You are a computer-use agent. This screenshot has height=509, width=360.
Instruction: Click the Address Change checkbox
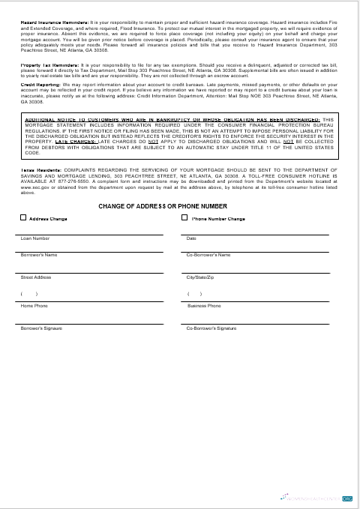(23, 218)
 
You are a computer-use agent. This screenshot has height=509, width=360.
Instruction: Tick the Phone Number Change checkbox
(184, 218)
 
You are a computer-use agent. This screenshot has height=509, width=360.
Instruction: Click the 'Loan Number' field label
(34, 238)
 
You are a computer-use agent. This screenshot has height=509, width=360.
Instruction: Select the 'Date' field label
(190, 238)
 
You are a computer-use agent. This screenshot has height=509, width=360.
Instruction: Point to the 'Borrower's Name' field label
(39, 255)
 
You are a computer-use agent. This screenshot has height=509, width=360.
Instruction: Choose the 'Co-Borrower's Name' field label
(208, 255)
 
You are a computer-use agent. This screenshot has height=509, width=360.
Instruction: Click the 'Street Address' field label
(36, 277)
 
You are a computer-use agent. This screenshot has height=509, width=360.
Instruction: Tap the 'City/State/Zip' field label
(200, 277)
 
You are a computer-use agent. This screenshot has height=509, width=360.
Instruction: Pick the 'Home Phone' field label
(34, 306)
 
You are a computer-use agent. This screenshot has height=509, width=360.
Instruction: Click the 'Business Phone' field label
(204, 306)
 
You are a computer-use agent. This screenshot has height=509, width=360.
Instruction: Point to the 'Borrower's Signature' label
(41, 328)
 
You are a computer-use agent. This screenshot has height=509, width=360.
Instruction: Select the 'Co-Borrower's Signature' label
(211, 328)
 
